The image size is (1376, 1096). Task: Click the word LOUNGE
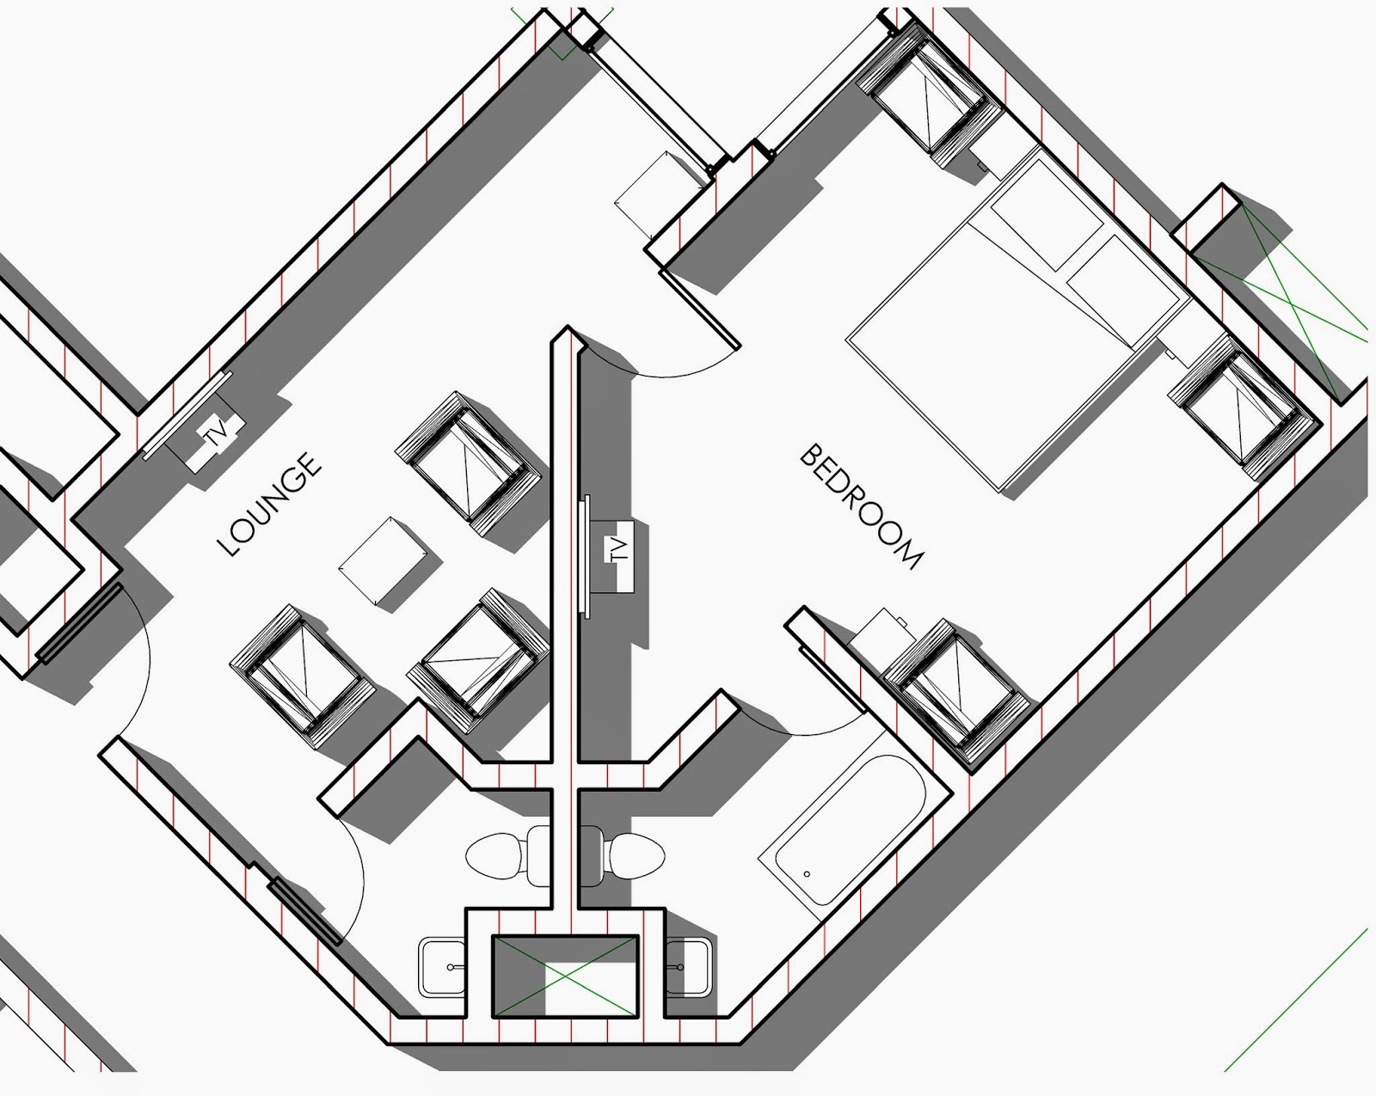click(269, 504)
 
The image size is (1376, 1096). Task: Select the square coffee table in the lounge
click(383, 561)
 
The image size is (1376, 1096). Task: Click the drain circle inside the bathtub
click(807, 874)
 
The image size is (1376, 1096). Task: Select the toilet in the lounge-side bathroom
click(508, 855)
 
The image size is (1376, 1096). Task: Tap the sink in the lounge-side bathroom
click(442, 967)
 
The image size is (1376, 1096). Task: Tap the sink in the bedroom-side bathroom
click(687, 967)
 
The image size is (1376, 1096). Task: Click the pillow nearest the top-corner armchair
click(1047, 215)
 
